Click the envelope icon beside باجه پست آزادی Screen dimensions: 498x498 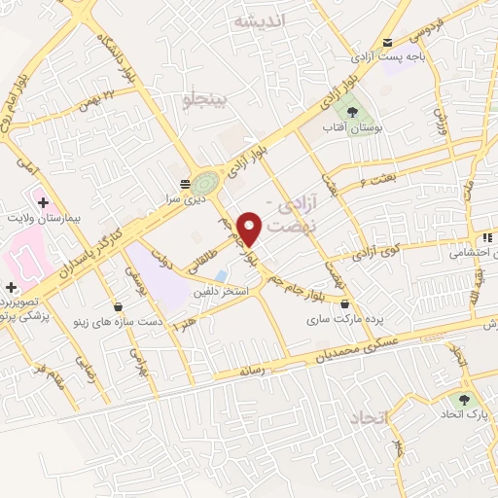[388, 42]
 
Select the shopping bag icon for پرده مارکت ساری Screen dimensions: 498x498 [345, 303]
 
